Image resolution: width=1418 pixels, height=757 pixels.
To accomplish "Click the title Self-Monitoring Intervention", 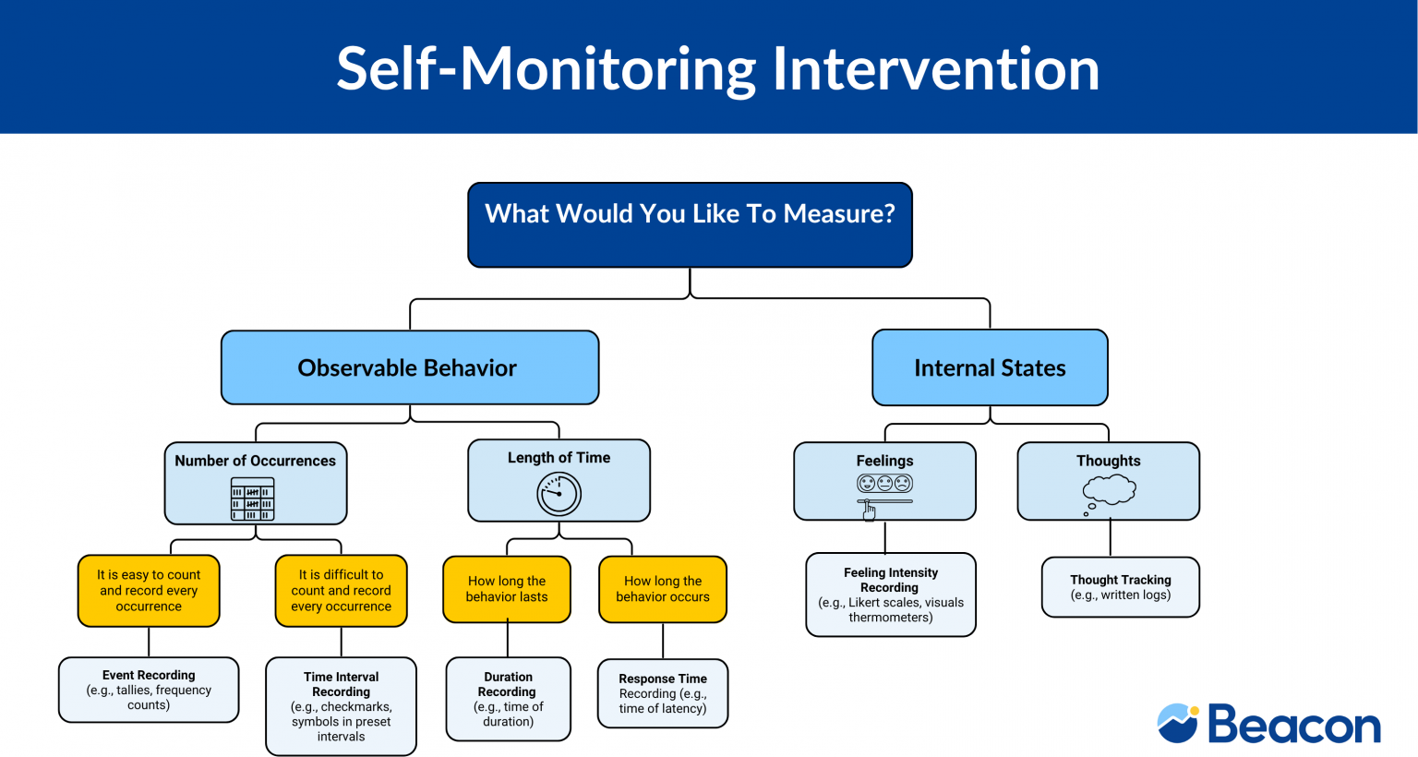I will (x=717, y=68).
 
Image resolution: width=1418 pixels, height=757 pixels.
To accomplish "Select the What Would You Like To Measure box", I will (x=690, y=224).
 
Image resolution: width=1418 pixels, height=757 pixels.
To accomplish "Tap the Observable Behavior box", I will (x=410, y=367).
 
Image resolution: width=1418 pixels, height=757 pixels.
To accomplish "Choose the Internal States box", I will (x=990, y=367).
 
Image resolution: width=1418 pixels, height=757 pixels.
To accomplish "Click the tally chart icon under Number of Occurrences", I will (x=252, y=499).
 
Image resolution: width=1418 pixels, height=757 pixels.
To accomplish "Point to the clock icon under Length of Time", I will (x=559, y=494).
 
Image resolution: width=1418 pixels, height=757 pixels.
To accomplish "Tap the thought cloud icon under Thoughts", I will (x=1108, y=490).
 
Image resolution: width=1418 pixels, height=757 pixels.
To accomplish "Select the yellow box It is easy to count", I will (x=149, y=591).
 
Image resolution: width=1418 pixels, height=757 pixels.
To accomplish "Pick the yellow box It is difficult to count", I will (x=341, y=591).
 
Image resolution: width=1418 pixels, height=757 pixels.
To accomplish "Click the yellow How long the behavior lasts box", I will (x=507, y=589).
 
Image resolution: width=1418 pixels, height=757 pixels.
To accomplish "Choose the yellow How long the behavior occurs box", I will (x=663, y=589).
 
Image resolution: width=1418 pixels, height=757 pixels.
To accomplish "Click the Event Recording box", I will (x=149, y=690).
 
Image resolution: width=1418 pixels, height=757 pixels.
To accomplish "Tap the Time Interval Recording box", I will (x=341, y=706).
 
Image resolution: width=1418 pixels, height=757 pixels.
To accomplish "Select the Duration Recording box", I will (x=508, y=699).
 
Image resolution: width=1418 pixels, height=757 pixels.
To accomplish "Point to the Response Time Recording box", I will (x=663, y=693).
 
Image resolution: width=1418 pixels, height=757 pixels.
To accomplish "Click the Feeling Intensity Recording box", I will (x=890, y=595).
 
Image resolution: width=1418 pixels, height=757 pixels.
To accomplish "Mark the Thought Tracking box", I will (x=1121, y=587).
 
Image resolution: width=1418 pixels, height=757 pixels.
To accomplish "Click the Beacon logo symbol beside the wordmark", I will (x=1178, y=723).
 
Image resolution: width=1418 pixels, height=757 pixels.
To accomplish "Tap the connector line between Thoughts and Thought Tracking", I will (x=1110, y=538).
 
